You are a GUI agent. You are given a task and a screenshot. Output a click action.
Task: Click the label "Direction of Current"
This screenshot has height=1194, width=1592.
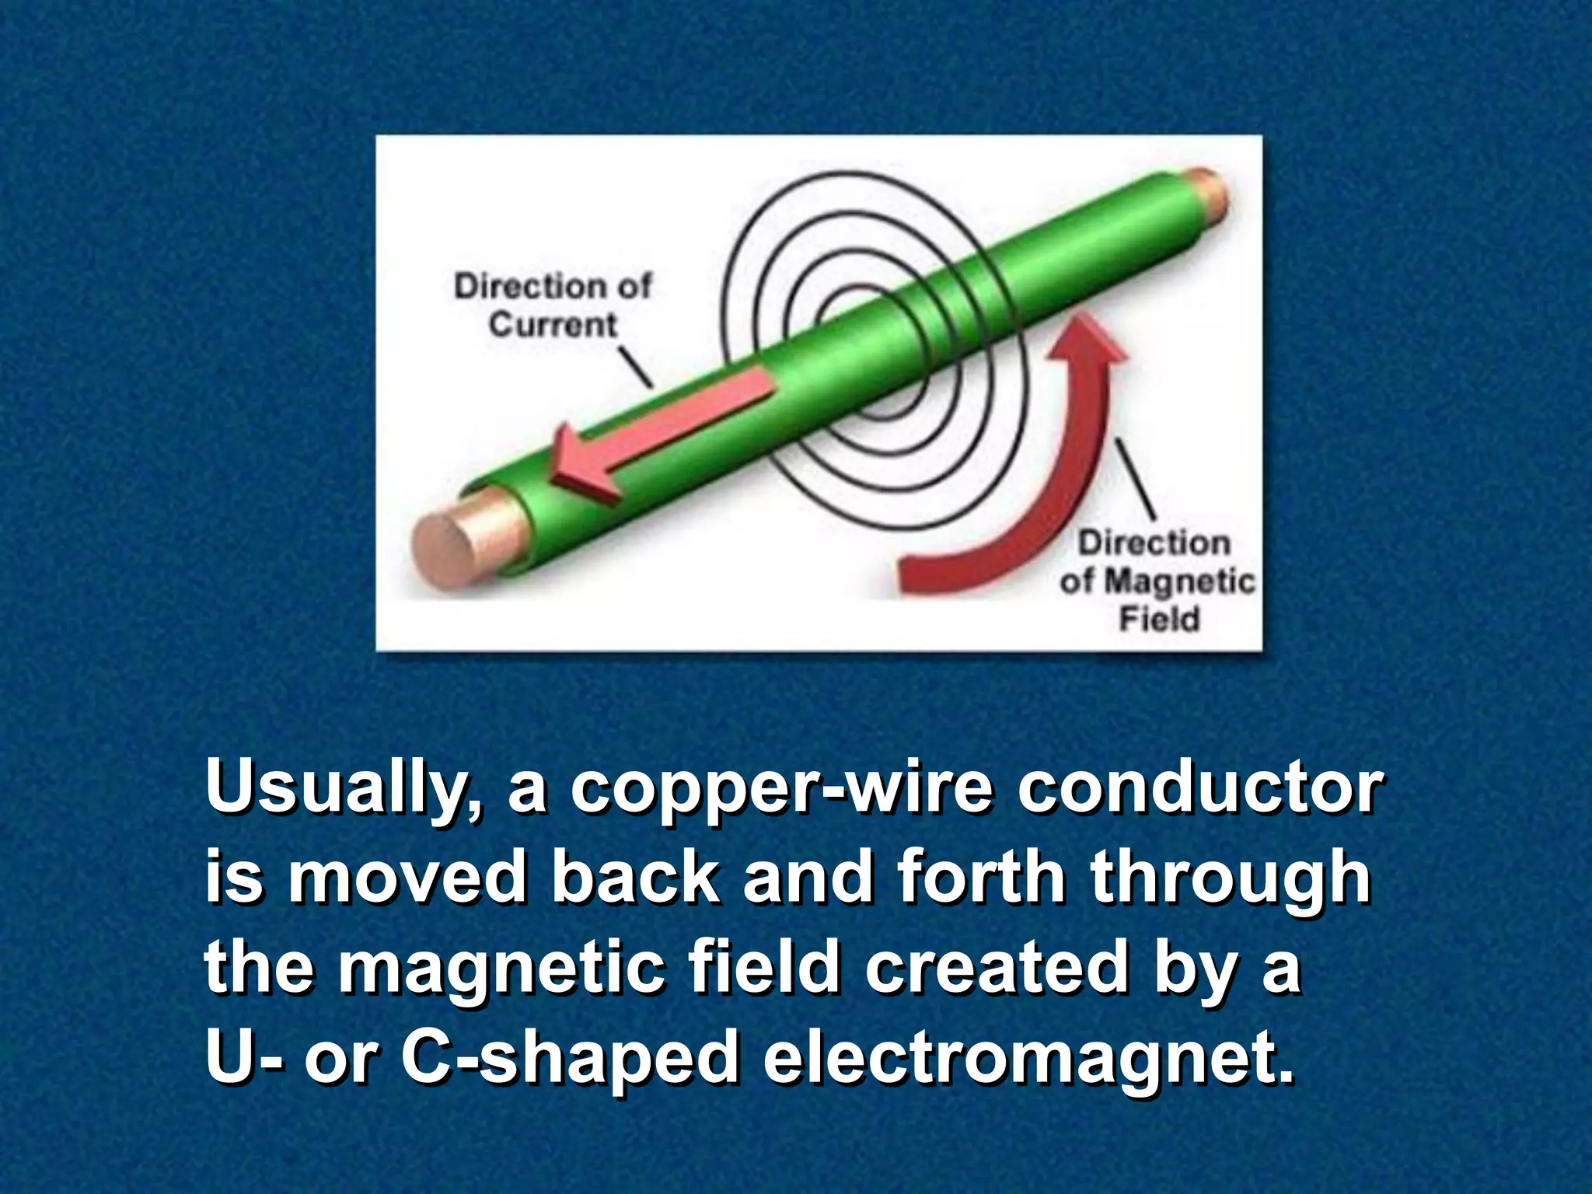coord(553,305)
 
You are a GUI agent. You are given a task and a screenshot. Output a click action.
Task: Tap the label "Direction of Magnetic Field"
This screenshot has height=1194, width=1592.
coord(1157,580)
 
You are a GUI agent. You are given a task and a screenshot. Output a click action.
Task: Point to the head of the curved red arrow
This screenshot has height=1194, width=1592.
coord(1085,342)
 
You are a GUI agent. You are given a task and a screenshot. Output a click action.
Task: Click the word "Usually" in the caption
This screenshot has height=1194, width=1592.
coord(343,787)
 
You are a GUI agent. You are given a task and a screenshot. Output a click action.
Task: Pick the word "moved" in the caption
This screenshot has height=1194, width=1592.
coord(407,877)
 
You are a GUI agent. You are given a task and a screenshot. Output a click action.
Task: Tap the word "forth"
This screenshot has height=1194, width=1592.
coord(981,876)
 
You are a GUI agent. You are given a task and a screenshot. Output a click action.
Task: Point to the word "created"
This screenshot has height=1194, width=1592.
coord(996,966)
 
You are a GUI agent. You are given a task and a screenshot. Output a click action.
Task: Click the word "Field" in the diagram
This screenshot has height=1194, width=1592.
coord(1159,620)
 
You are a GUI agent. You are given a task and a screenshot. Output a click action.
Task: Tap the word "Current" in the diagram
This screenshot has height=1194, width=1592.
coord(553,324)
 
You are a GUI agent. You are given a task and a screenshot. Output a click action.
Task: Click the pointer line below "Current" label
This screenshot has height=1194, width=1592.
coord(635,366)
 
